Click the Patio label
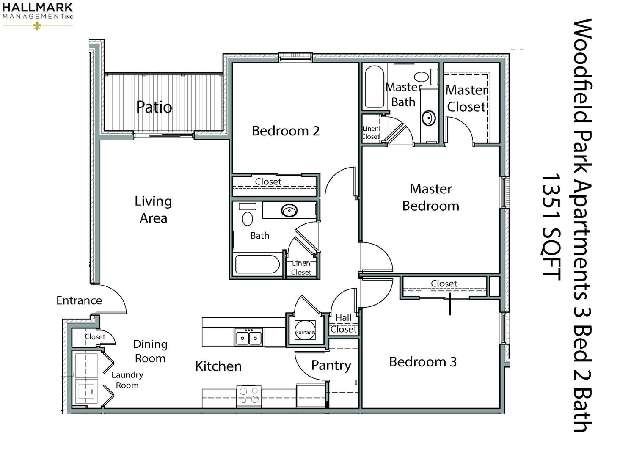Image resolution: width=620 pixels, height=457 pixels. (x=154, y=107)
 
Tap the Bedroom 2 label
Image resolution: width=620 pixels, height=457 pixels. (x=285, y=131)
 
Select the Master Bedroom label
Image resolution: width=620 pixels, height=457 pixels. (x=430, y=197)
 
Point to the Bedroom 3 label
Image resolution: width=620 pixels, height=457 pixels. (x=423, y=362)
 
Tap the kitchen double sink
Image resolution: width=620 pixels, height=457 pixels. (x=248, y=337)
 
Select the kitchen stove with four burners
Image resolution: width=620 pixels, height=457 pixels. (x=248, y=396)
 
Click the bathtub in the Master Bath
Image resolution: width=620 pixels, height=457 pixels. (x=374, y=87)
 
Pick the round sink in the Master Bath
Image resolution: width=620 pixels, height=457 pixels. (x=428, y=118)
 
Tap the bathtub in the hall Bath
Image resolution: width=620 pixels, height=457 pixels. (x=257, y=264)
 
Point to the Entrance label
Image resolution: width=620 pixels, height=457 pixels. (x=79, y=300)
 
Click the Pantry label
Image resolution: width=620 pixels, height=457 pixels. (x=331, y=366)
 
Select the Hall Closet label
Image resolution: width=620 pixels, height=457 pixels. (x=344, y=323)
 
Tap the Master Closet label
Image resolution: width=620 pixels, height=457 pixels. (x=466, y=99)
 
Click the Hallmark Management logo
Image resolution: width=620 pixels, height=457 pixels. (x=38, y=16)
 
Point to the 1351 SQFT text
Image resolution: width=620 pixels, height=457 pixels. (x=551, y=227)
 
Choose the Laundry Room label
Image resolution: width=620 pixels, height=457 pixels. (x=127, y=380)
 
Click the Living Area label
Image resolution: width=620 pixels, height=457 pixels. (x=153, y=209)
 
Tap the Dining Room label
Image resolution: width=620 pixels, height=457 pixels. (x=150, y=351)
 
